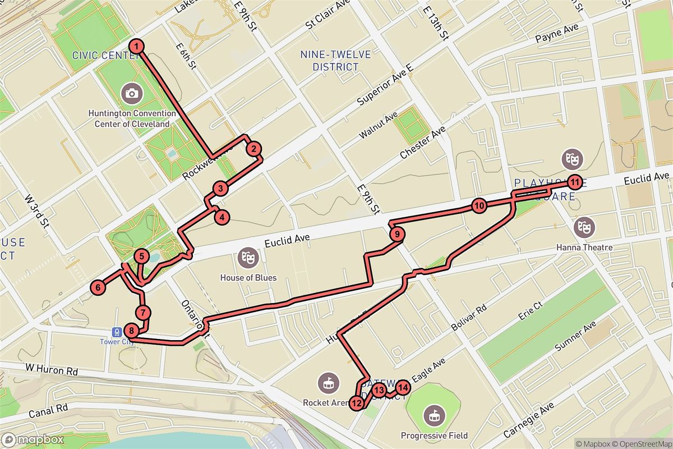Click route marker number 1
136,46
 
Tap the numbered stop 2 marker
254,149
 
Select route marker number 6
98,288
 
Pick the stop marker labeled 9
396,234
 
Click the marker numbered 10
478,206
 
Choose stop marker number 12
357,402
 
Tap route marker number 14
402,387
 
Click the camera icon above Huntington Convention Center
132,93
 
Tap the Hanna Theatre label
584,247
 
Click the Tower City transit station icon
117,332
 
